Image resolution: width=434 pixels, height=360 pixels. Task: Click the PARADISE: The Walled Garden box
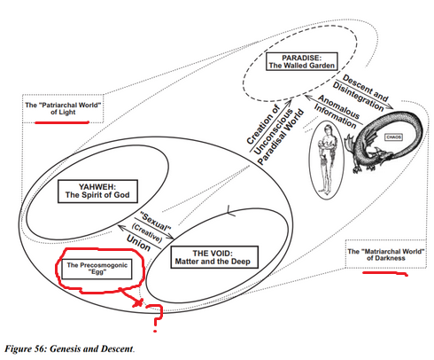pyautogui.click(x=301, y=61)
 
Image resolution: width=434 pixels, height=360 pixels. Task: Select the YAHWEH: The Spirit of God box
pyautogui.click(x=97, y=192)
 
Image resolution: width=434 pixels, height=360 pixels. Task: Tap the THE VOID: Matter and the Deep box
pyautogui.click(x=214, y=257)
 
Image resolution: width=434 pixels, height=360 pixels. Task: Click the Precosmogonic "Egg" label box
pyautogui.click(x=97, y=269)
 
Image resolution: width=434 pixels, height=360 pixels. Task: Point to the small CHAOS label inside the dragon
pyautogui.click(x=393, y=137)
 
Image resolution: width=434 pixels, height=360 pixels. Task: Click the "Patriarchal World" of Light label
pyautogui.click(x=63, y=108)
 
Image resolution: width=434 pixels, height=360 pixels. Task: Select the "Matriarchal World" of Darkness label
pyautogui.click(x=386, y=254)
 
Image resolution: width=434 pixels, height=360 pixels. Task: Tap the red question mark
pyautogui.click(x=157, y=317)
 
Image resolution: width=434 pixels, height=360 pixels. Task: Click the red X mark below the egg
pyautogui.click(x=137, y=302)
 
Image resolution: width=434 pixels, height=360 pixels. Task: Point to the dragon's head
pyautogui.click(x=384, y=156)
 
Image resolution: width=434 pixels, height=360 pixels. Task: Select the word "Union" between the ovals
pyautogui.click(x=138, y=243)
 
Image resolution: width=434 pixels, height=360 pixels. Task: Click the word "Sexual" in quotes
pyautogui.click(x=156, y=222)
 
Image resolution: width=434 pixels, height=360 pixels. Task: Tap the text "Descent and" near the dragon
pyautogui.click(x=365, y=88)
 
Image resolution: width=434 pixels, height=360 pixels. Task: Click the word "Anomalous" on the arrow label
pyautogui.click(x=338, y=106)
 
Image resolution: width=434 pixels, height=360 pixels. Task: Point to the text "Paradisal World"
pyautogui.click(x=280, y=137)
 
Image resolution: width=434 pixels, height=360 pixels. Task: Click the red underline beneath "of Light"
pyautogui.click(x=62, y=122)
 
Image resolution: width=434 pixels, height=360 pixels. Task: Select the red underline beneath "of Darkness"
pyautogui.click(x=385, y=273)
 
